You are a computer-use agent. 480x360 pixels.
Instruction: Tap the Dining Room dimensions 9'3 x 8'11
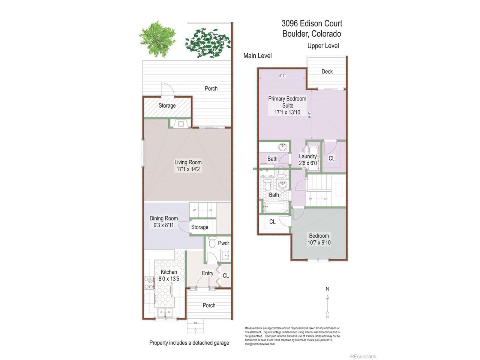tap(163, 225)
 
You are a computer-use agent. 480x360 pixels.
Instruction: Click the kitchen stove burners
tap(149, 283)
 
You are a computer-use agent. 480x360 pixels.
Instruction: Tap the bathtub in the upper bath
tap(276, 207)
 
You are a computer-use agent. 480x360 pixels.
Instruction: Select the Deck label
tap(327, 72)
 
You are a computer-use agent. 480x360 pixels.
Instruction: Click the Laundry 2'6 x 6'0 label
tap(308, 160)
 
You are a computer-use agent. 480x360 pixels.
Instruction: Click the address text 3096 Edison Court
tap(312, 23)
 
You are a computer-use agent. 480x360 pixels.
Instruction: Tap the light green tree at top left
tap(157, 39)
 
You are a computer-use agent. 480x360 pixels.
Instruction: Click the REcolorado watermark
tap(363, 356)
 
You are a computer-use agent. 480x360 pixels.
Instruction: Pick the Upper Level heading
tap(323, 46)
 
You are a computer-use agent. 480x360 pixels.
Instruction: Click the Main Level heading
tap(257, 56)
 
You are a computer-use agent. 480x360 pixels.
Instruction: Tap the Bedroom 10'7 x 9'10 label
tap(319, 239)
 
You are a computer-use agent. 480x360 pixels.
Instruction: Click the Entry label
tap(207, 273)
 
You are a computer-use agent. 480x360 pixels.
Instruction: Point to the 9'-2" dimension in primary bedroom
tap(282, 76)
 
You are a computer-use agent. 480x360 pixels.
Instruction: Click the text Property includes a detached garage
tap(189, 343)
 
